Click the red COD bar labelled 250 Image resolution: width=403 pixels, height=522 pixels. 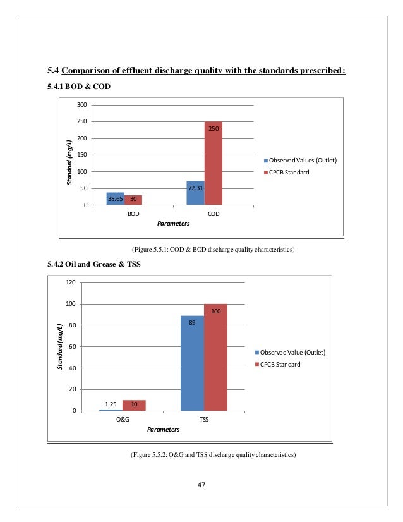pyautogui.click(x=214, y=163)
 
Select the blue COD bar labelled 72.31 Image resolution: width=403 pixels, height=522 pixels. pyautogui.click(x=196, y=193)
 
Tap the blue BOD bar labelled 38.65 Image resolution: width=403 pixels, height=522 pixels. pyautogui.click(x=116, y=198)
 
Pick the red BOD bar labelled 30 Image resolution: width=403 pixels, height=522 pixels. pyautogui.click(x=133, y=200)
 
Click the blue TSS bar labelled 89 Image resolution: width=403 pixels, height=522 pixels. pyautogui.click(x=193, y=363)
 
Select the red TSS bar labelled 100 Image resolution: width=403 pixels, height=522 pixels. pyautogui.click(x=215, y=357)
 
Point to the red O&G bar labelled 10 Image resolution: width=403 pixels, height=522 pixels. pyautogui.click(x=134, y=406)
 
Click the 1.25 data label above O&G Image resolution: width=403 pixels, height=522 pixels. pyautogui.click(x=111, y=404)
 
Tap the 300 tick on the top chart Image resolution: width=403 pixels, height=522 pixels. pyautogui.click(x=82, y=105)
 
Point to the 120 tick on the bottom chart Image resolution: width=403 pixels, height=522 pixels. pyautogui.click(x=71, y=282)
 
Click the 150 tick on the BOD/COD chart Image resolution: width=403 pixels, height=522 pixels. pyautogui.click(x=82, y=155)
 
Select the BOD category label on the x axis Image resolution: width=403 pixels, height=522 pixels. pyautogui.click(x=133, y=214)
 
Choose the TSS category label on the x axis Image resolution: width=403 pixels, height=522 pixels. pyautogui.click(x=204, y=420)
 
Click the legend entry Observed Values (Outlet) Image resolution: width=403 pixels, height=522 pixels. pyautogui.click(x=300, y=161)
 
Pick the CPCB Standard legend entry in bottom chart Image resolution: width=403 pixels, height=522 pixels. pyautogui.click(x=277, y=365)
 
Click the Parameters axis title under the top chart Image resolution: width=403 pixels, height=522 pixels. pyautogui.click(x=173, y=224)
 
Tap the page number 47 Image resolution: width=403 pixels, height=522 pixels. pyautogui.click(x=201, y=485)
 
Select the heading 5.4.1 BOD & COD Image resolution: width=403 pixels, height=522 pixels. pyautogui.click(x=79, y=87)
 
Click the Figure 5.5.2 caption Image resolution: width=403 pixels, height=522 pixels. pyautogui.click(x=214, y=455)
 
